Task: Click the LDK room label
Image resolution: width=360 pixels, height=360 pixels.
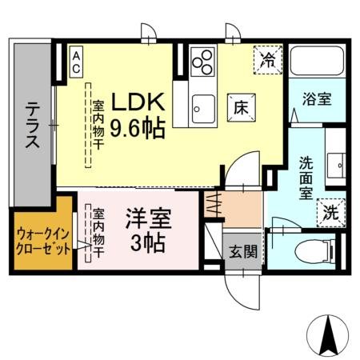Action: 138,102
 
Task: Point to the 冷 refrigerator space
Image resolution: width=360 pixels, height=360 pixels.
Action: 267,58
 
